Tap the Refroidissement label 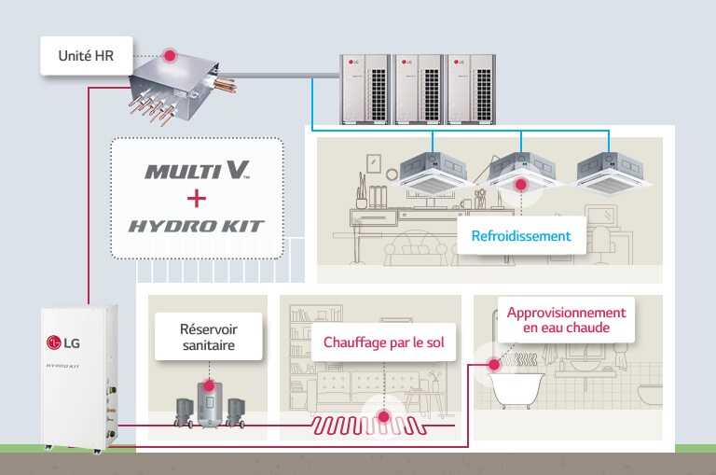coord(521,236)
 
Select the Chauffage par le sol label coord(384,342)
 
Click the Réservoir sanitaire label coord(208,336)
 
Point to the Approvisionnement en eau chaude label coord(566,320)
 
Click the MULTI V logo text coord(197,171)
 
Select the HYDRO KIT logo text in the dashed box coord(197,225)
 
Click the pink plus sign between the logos coord(196,198)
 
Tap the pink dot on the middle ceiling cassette coord(521,184)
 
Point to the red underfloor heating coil coord(372,426)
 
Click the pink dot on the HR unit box coord(170,56)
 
